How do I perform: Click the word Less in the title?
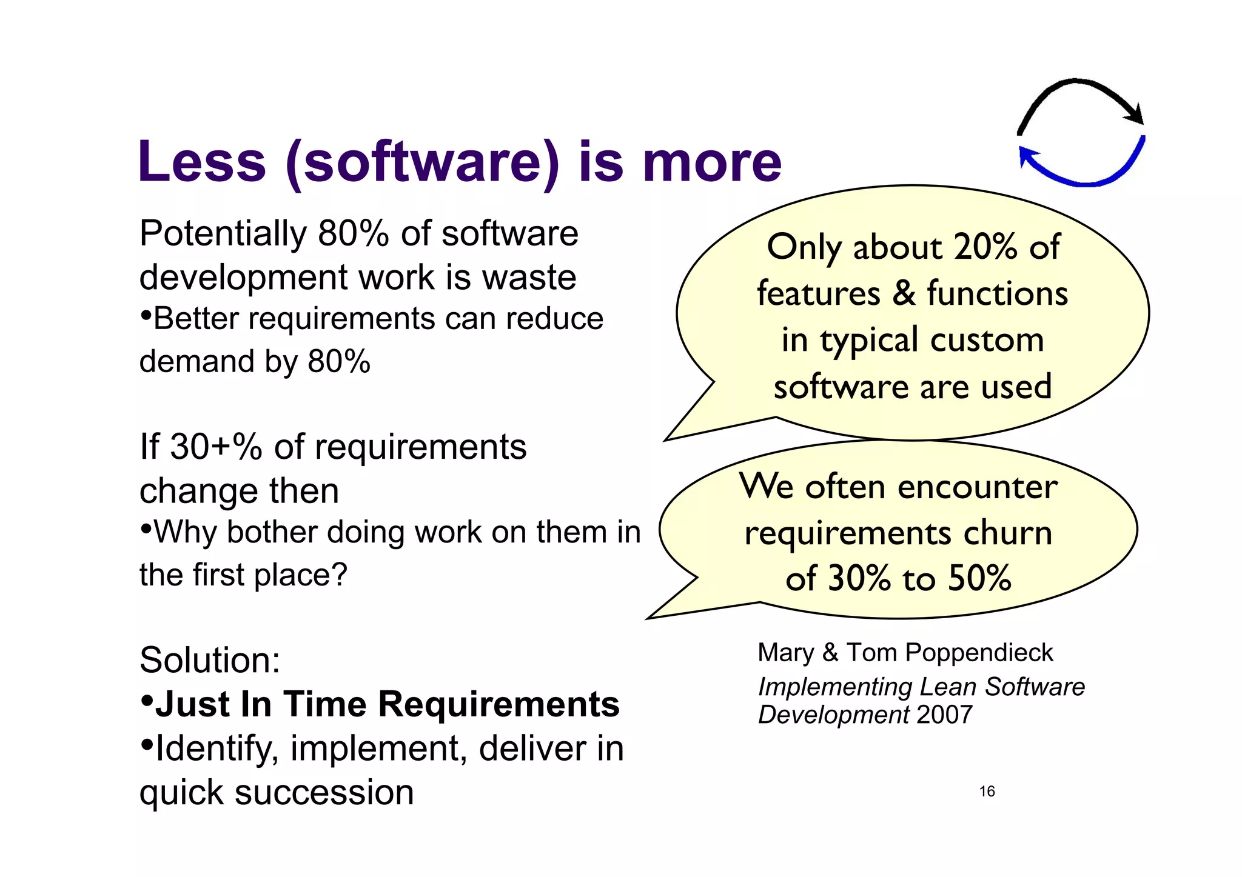click(x=202, y=162)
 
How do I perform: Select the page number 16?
click(x=987, y=792)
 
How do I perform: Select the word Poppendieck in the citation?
click(x=979, y=653)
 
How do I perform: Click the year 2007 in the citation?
click(x=945, y=715)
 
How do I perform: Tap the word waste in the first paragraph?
click(x=529, y=278)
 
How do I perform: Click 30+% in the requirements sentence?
click(x=215, y=447)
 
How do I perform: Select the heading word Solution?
click(x=210, y=660)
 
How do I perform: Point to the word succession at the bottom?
click(x=324, y=793)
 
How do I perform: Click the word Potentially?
click(x=223, y=234)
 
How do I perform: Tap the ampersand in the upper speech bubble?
click(x=904, y=293)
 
